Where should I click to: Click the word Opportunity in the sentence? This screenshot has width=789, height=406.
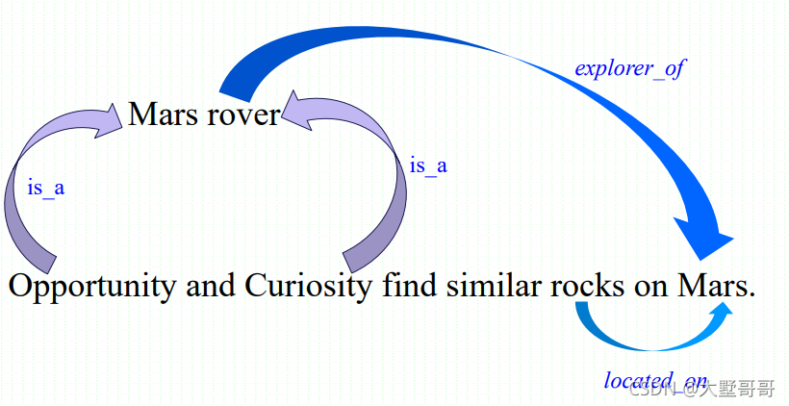92,287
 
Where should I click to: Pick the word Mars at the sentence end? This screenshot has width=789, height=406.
712,287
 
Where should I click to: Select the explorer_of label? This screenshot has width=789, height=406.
630,69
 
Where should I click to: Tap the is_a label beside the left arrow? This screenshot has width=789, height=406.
46,188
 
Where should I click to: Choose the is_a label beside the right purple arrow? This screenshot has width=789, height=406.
428,165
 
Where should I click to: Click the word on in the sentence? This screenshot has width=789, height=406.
654,287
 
